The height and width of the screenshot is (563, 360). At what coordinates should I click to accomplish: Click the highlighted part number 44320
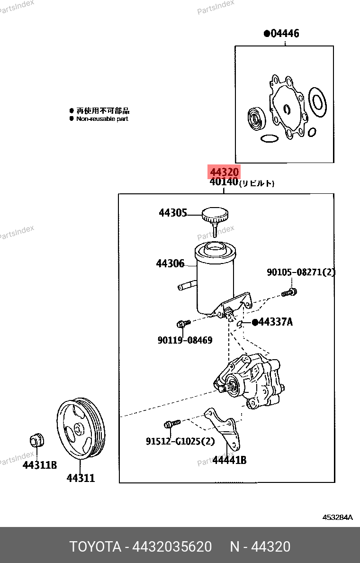click(225, 172)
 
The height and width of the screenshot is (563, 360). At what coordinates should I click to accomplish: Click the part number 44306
click(170, 263)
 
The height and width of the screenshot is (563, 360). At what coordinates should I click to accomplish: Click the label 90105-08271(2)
click(301, 272)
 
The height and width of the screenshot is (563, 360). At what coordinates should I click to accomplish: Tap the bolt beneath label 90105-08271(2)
click(288, 292)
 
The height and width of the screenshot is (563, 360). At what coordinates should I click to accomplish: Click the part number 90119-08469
click(185, 340)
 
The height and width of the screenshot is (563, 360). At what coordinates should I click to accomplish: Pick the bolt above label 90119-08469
click(182, 324)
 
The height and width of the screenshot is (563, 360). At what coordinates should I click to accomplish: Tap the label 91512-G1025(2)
click(180, 441)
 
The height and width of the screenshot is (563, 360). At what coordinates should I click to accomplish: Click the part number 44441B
click(229, 460)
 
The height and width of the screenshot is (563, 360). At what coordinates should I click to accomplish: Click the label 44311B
click(40, 465)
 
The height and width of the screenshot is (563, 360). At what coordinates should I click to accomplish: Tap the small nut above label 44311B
click(36, 440)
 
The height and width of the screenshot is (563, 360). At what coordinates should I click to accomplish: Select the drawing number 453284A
click(338, 517)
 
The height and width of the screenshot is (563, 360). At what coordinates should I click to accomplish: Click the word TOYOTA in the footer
click(95, 547)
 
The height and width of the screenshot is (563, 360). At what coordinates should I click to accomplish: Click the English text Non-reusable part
click(102, 119)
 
